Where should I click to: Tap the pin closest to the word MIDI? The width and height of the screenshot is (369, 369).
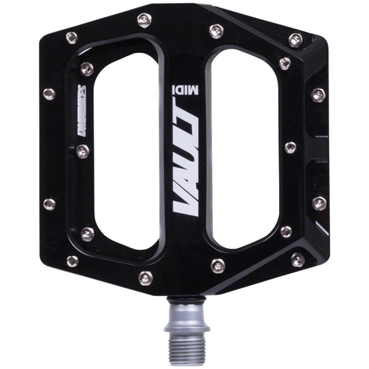coord(215,31)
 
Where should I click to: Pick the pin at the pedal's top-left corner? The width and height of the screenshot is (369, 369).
coord(72,37)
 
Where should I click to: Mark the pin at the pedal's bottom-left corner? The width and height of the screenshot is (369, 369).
coord(72,261)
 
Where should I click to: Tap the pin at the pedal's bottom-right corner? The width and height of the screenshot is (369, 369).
coord(297,259)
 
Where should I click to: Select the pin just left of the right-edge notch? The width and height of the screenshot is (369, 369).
coord(290,148)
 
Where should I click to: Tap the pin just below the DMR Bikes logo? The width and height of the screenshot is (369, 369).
coord(82,151)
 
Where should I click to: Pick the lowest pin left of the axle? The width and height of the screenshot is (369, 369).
coord(145,277)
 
